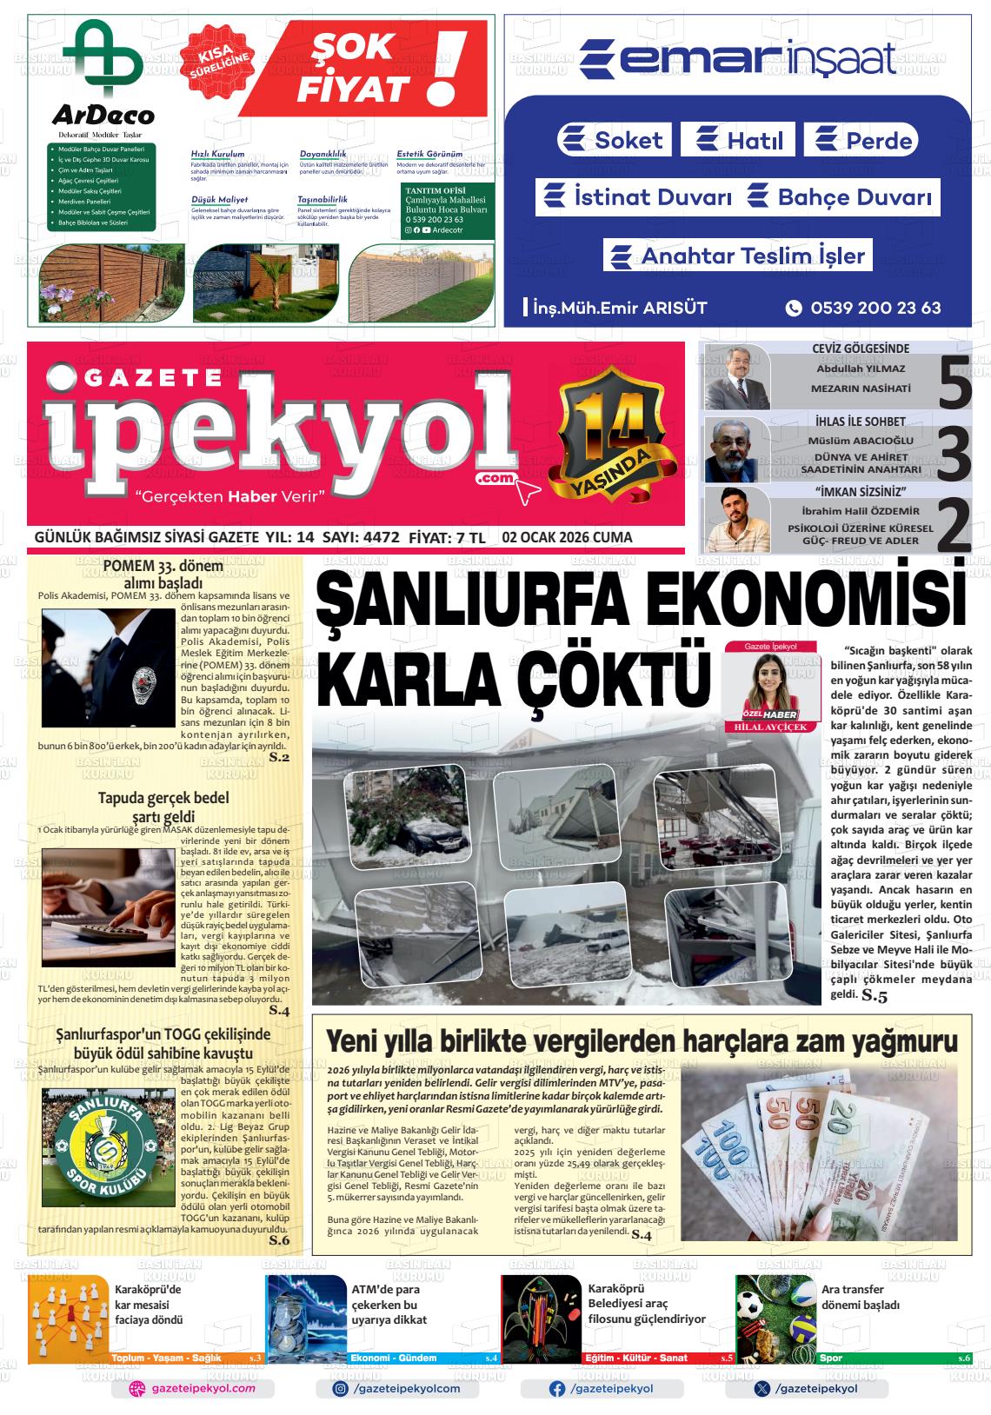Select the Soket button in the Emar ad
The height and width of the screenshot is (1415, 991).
614,140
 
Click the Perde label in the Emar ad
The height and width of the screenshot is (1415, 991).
861,141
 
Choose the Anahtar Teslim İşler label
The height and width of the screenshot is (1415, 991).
738,256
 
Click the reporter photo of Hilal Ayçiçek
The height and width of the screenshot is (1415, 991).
770,685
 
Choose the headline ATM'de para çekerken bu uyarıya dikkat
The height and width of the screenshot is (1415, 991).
389,1305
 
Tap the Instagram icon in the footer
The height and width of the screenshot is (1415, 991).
341,1389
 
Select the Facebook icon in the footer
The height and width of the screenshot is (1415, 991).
557,1389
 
